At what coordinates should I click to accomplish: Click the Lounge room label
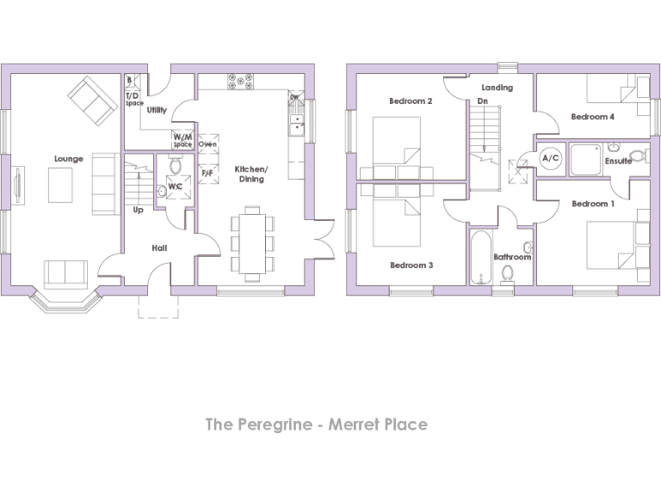(68, 159)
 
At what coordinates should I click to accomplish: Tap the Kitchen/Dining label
(250, 174)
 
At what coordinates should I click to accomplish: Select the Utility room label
(157, 110)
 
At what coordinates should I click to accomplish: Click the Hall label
(159, 248)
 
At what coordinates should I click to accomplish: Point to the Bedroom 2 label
(411, 101)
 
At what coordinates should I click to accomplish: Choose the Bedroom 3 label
(411, 266)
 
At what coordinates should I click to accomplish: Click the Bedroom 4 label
(592, 117)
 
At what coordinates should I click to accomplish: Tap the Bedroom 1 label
(592, 204)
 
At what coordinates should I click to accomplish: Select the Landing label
(497, 88)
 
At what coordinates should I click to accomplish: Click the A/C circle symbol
(551, 159)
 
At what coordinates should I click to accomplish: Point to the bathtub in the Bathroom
(479, 255)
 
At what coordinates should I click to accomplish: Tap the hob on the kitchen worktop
(243, 82)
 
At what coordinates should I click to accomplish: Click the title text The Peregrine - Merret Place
(316, 425)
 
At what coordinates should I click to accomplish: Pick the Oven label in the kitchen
(207, 144)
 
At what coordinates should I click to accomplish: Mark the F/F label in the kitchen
(207, 173)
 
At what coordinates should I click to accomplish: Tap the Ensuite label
(618, 161)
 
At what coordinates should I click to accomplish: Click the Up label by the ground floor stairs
(138, 210)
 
